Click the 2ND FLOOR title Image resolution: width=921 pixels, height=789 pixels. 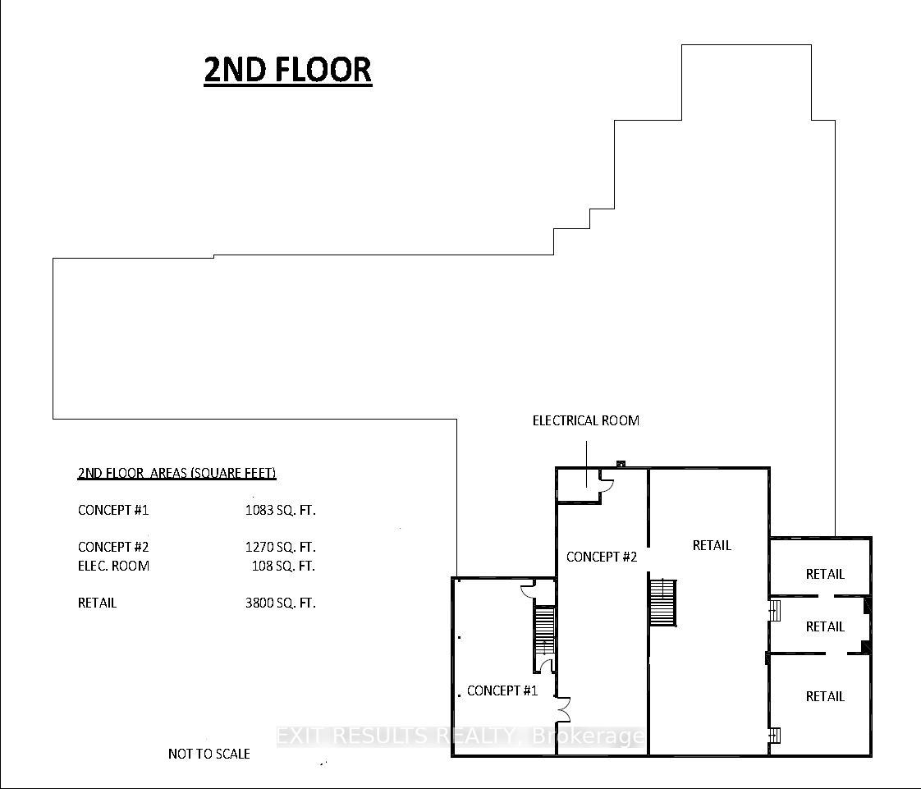(x=288, y=69)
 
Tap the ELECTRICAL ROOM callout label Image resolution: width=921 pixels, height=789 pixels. (x=585, y=420)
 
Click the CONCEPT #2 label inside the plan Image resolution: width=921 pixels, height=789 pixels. (x=602, y=557)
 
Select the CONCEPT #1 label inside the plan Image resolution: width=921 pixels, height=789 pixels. (x=502, y=690)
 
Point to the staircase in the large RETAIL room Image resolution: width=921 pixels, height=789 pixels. (x=662, y=603)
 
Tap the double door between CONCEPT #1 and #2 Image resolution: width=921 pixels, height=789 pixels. (x=563, y=709)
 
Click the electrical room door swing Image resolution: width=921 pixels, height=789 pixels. (x=607, y=481)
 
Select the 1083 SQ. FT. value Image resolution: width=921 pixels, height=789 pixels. (x=280, y=510)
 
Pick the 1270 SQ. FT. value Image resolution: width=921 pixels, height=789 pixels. (x=280, y=547)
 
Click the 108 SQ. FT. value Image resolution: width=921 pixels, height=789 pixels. (x=283, y=566)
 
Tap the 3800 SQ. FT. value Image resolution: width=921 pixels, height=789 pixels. (x=280, y=603)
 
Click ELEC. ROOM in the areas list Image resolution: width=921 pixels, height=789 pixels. (x=113, y=566)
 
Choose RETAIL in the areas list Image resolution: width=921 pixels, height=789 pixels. (x=97, y=603)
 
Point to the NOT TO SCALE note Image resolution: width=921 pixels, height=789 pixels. (x=209, y=754)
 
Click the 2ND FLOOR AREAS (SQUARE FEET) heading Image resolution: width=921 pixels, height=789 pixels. (x=176, y=473)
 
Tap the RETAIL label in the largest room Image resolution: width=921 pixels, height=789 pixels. (x=712, y=545)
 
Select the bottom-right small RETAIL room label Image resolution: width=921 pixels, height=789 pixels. (x=825, y=696)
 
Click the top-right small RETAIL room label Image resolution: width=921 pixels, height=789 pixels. (x=825, y=574)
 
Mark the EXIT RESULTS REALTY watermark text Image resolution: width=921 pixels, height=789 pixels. (x=460, y=736)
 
